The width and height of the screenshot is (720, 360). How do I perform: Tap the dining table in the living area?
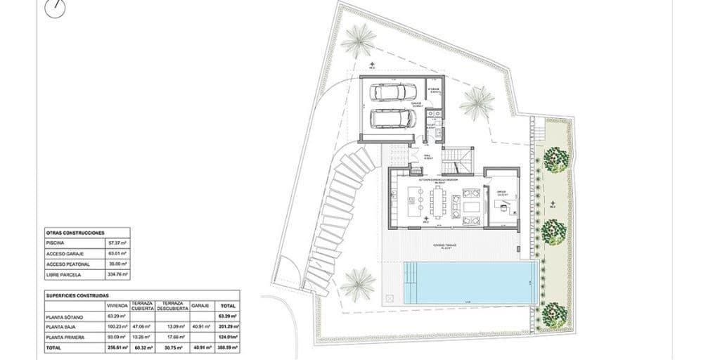pyautogui.click(x=438, y=204)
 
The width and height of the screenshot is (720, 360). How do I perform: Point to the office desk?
pyautogui.click(x=500, y=205)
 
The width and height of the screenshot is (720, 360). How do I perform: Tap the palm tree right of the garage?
pyautogui.click(x=478, y=103)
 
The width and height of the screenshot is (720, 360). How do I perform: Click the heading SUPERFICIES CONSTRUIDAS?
pyautogui.click(x=77, y=296)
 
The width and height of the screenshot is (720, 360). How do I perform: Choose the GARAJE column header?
pyautogui.click(x=200, y=307)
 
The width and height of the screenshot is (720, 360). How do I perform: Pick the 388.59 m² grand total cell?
pyautogui.click(x=228, y=347)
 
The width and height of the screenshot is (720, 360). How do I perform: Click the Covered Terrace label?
pyautogui.click(x=447, y=245)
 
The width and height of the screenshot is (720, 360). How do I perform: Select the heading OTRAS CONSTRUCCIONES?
pyautogui.click(x=75, y=231)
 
